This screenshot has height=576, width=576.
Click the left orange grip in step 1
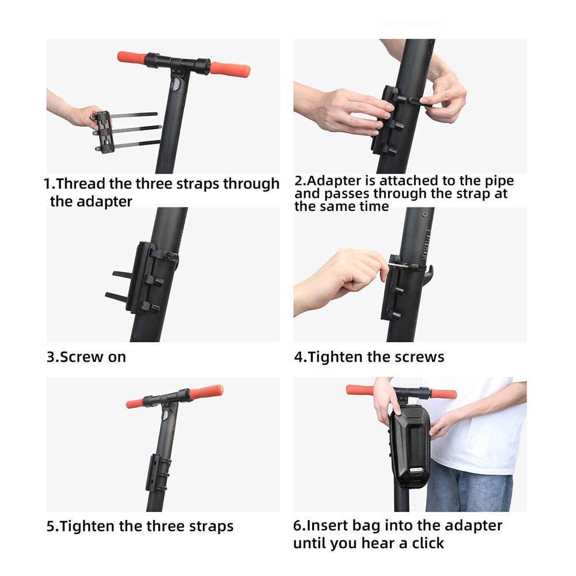132,58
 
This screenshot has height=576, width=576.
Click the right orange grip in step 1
229,69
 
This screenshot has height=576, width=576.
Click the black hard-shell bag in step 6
410,443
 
